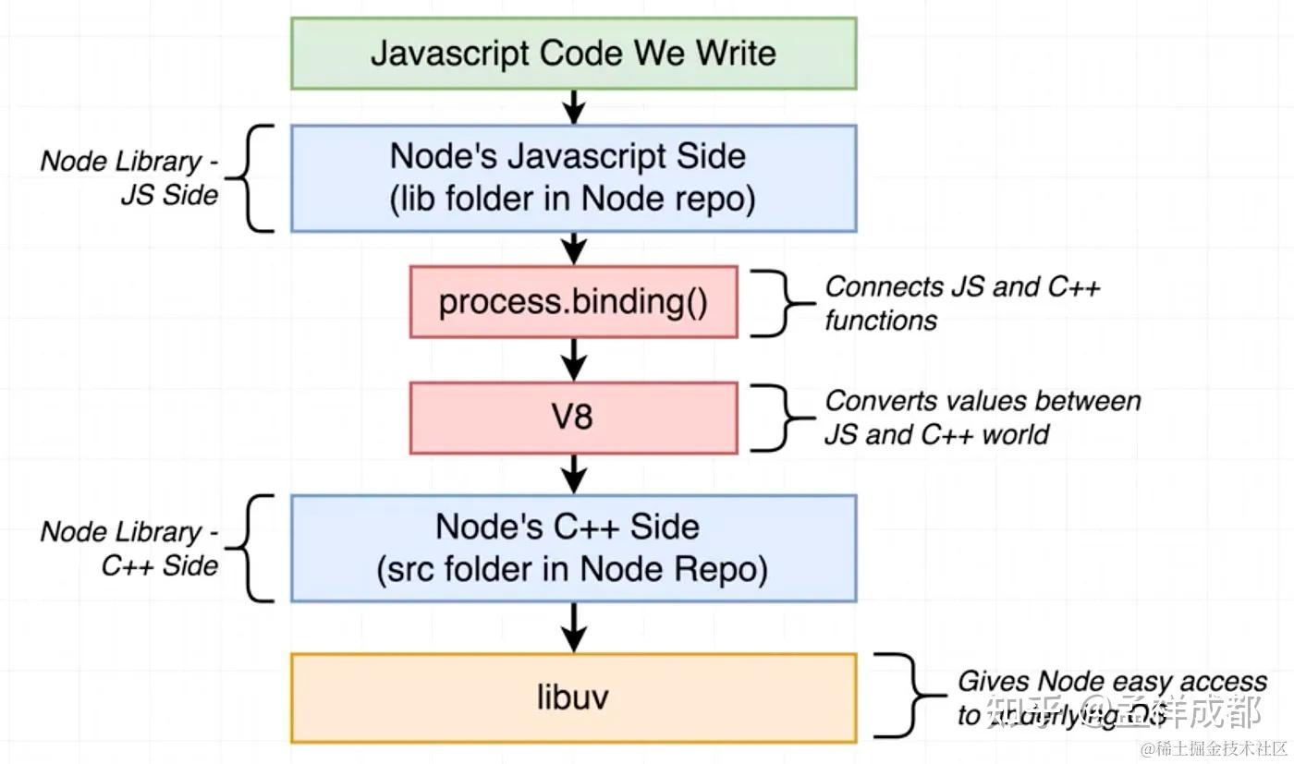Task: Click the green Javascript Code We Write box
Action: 573,54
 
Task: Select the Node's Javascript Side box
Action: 573,177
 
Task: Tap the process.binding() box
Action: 573,302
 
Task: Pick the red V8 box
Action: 573,418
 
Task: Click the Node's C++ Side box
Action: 573,548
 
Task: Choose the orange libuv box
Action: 573,697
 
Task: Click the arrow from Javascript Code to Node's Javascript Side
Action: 574,106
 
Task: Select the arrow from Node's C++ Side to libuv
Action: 574,628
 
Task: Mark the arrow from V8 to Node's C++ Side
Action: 574,474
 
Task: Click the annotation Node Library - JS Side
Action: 129,177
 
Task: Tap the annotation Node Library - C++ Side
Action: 129,548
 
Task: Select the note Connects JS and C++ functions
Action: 961,303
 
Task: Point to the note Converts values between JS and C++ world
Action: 982,418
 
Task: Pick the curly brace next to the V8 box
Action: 775,418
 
